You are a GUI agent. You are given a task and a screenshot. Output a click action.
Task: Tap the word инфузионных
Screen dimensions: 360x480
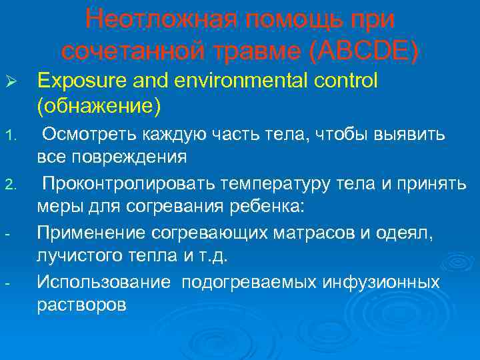[381, 283]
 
